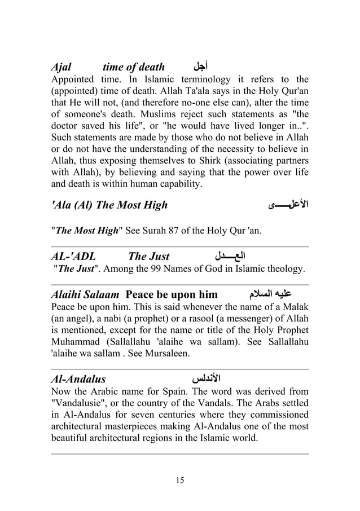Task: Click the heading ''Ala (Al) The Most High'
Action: point(109,205)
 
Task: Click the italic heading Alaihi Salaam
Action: point(85,294)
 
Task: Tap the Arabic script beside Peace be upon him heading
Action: point(269,294)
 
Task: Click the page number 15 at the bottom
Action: point(180,481)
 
